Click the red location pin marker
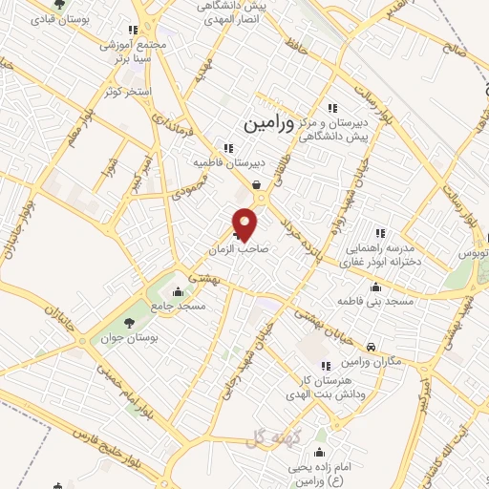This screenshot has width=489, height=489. pos(246,223)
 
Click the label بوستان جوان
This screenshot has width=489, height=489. pos(129,338)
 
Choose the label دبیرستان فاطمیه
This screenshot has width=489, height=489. pos(227,162)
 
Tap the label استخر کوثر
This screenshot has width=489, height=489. pos(124,91)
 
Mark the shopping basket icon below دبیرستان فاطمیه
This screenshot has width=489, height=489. pos(256,185)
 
